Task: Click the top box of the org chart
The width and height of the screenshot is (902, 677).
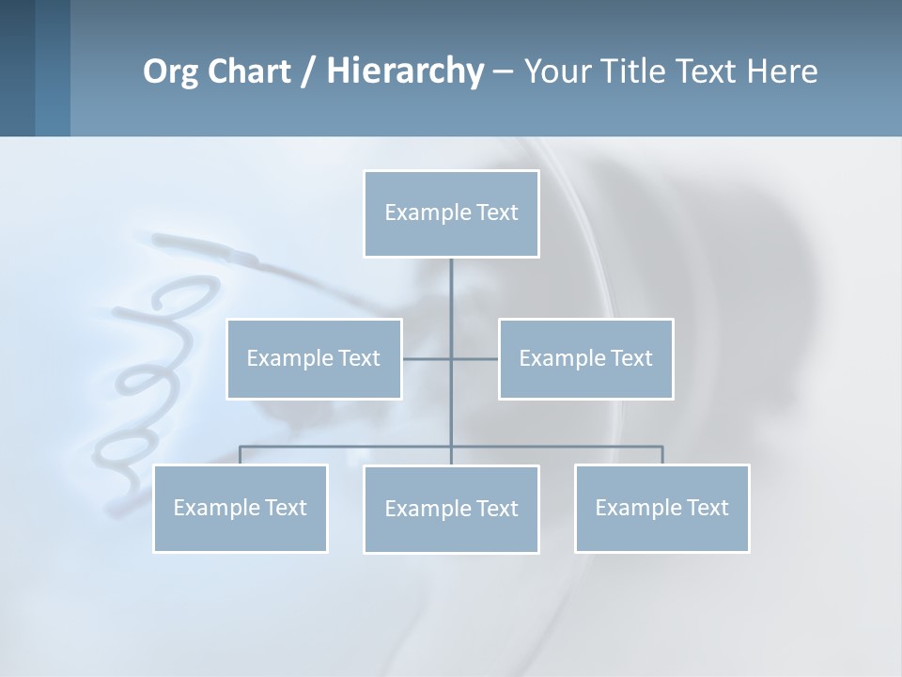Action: pos(451,213)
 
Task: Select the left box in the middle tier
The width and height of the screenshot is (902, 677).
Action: pos(314,358)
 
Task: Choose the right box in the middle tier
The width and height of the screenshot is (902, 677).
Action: pos(585,358)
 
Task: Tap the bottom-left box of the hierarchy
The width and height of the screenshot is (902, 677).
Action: pos(241,508)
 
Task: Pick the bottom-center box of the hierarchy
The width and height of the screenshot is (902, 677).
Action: pos(451,509)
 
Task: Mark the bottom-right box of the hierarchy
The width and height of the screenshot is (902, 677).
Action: pos(661,508)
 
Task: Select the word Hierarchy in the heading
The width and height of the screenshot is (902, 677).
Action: pos(405,71)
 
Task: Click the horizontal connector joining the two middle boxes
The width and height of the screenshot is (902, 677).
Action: pos(428,358)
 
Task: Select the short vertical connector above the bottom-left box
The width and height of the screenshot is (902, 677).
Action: pos(241,455)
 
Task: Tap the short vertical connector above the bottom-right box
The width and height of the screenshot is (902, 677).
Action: pos(661,455)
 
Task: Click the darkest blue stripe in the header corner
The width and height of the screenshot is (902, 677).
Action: pos(17,68)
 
